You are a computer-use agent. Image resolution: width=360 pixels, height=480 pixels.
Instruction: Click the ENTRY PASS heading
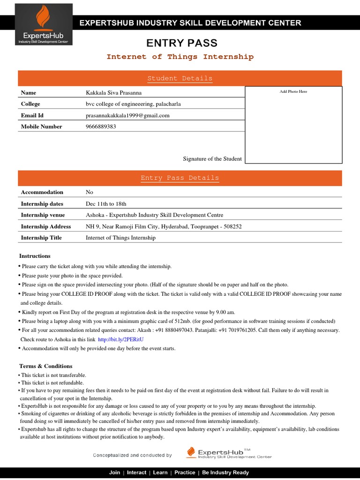tap(182, 43)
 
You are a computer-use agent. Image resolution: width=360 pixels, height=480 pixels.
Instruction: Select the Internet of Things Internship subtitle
tap(180, 57)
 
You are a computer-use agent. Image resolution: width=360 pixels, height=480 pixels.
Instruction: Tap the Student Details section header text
tap(180, 78)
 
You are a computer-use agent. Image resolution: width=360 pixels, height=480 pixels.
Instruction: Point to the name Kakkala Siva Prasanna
tap(111, 93)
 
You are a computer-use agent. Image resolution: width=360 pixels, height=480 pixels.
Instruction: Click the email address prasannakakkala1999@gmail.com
tap(127, 115)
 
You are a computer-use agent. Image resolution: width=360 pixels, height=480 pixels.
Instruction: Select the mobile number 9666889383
tap(101, 127)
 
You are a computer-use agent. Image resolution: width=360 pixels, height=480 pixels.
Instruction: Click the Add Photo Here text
tap(293, 91)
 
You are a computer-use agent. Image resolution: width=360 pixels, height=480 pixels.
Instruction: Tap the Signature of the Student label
tap(212, 159)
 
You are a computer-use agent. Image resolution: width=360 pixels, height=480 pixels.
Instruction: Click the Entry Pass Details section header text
tap(180, 178)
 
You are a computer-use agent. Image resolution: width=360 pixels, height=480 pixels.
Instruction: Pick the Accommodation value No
tap(90, 192)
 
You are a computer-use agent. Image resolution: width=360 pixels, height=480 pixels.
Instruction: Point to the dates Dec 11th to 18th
tap(106, 204)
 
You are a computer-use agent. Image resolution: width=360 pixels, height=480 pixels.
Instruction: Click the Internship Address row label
tap(46, 226)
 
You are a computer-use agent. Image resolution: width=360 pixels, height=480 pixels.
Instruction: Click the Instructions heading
tap(35, 256)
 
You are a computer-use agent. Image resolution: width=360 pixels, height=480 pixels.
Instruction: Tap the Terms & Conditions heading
tap(46, 366)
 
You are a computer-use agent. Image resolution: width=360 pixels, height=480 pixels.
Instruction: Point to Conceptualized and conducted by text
tap(132, 455)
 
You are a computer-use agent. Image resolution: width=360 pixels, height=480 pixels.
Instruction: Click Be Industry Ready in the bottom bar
tap(225, 472)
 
